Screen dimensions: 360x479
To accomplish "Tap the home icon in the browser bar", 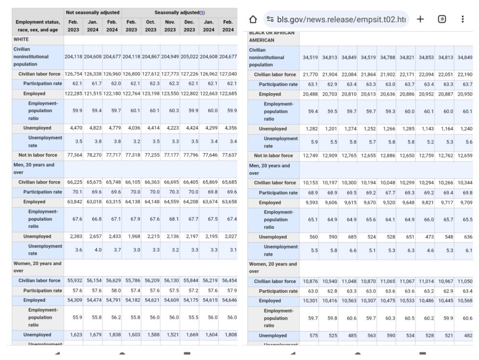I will tap(253, 19).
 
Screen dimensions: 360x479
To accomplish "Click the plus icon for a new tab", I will tap(420, 19).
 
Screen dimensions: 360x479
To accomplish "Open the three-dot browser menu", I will tap(463, 19).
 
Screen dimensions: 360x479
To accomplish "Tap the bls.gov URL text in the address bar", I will tap(342, 19).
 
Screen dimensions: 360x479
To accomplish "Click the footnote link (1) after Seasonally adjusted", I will tap(202, 13).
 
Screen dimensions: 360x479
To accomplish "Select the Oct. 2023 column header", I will tap(151, 26).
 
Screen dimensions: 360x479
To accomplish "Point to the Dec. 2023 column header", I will tap(189, 26).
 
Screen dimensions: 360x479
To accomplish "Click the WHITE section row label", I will tap(21, 40).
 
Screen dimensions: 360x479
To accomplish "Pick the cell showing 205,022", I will tap(189, 57).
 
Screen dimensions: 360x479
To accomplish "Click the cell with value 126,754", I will tap(73, 74).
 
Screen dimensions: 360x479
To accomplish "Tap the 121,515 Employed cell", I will tap(93, 94).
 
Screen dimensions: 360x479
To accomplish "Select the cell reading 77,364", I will tap(73, 155).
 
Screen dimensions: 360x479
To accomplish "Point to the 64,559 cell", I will tap(170, 202).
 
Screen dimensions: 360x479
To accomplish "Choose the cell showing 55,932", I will tap(73, 280).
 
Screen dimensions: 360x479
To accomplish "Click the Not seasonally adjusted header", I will tap(93, 13).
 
